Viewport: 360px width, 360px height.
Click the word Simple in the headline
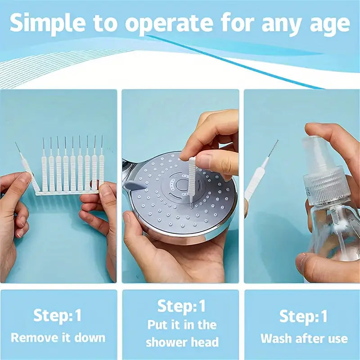pos(48,23)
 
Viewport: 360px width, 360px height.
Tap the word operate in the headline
pos(169,24)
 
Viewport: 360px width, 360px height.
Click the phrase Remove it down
pos(58,338)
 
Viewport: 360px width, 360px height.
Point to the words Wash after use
pos(304,338)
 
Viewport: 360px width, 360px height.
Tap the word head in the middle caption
pos(205,342)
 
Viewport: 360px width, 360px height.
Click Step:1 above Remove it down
pos(58,315)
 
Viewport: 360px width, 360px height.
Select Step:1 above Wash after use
pos(303,316)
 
